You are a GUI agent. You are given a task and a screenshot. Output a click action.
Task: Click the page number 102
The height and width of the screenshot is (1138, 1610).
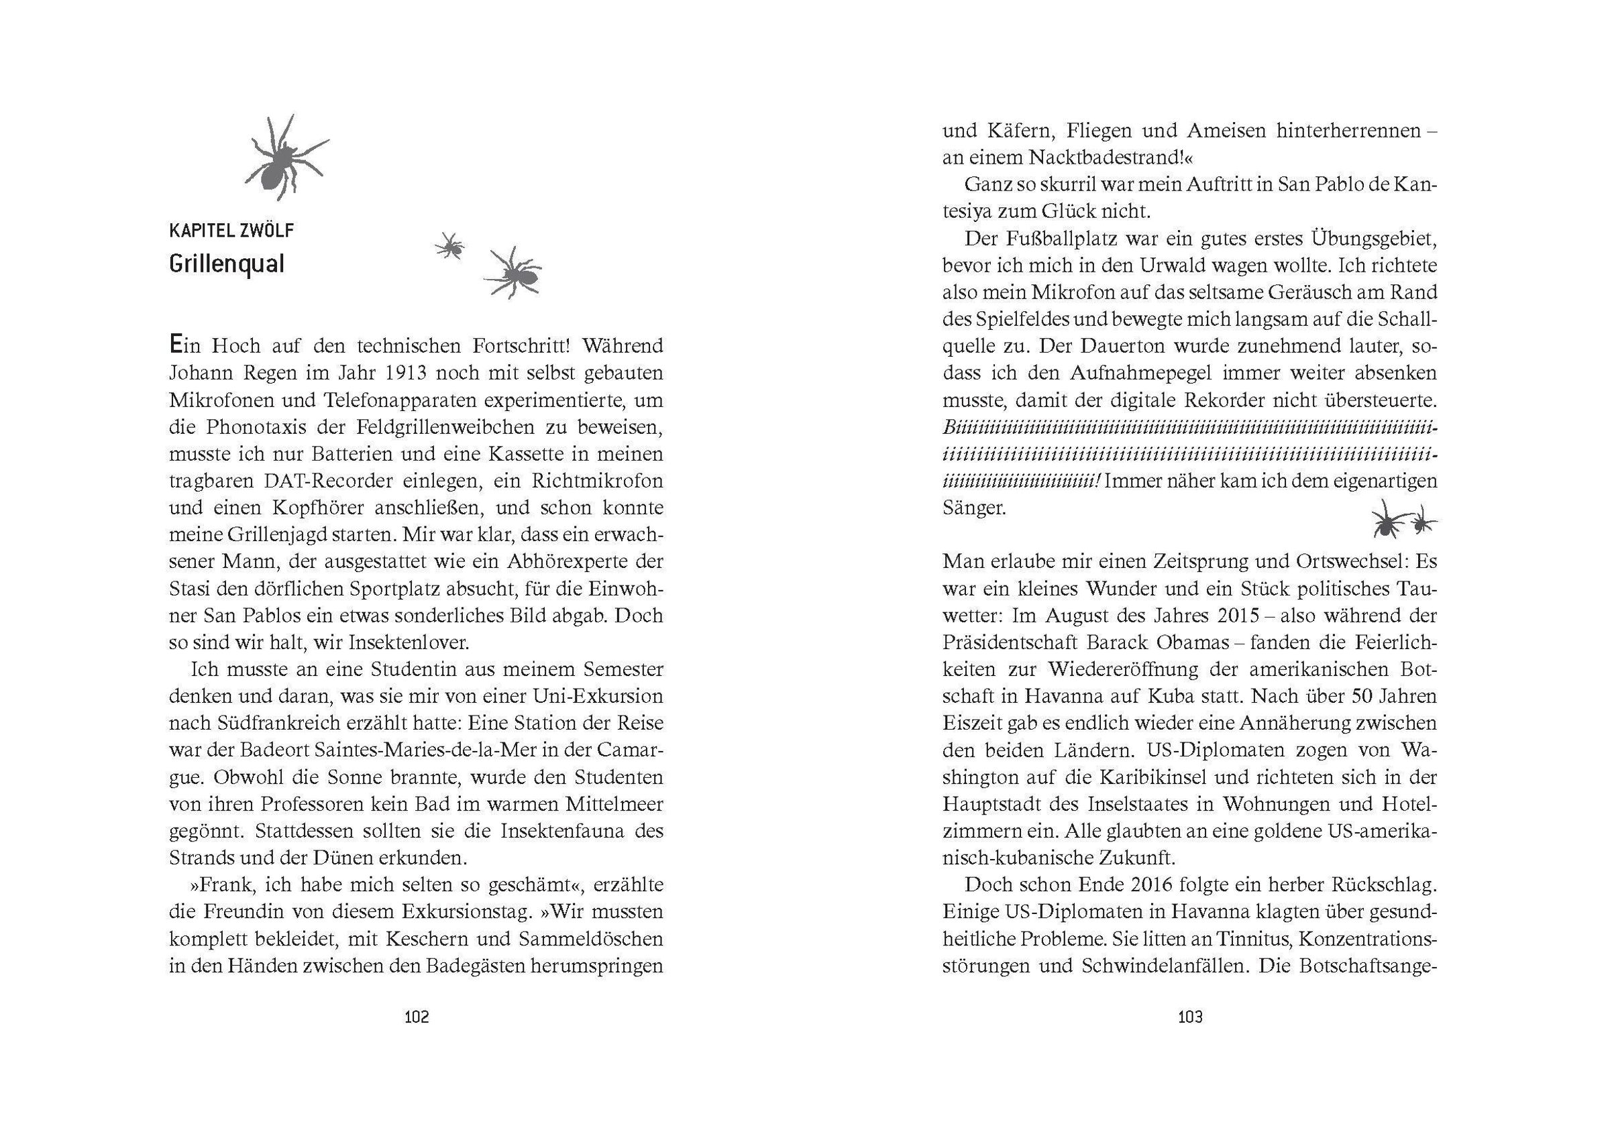(417, 1017)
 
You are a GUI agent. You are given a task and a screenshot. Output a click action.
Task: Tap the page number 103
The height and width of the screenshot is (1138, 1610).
(1190, 1017)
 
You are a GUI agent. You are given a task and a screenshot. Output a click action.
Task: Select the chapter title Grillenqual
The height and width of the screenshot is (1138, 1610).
(227, 264)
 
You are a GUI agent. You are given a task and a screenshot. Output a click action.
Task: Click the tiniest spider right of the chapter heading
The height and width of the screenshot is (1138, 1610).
(449, 246)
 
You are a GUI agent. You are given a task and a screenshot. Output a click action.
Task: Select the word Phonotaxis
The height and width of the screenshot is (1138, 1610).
(252, 427)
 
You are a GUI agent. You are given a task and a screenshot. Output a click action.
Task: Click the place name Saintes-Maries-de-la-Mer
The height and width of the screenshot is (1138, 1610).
(418, 750)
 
